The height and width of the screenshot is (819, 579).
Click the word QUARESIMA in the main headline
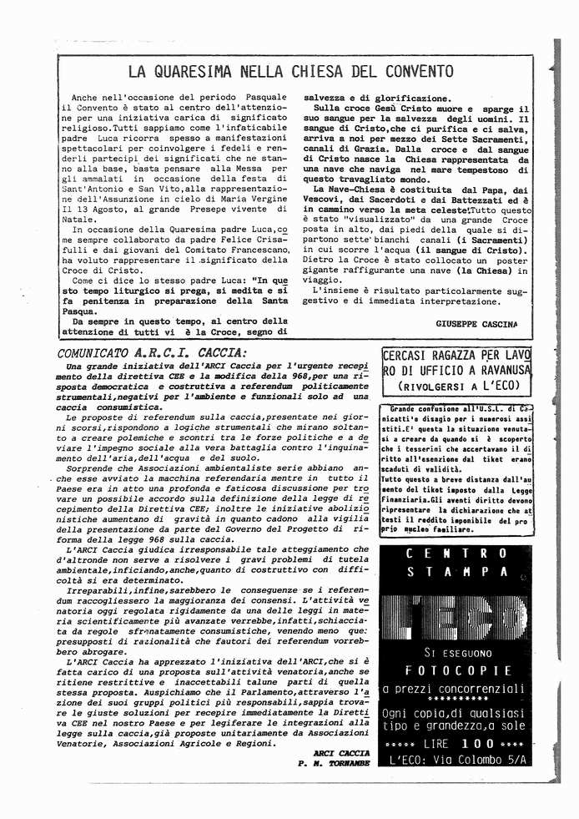[197, 71]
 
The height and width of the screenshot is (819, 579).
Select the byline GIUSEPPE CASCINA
[476, 322]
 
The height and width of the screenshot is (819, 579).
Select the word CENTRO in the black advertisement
[455, 553]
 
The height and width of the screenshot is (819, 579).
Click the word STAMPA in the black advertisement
[455, 572]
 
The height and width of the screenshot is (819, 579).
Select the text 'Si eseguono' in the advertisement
[455, 651]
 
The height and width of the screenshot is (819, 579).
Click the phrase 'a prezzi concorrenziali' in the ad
[455, 689]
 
